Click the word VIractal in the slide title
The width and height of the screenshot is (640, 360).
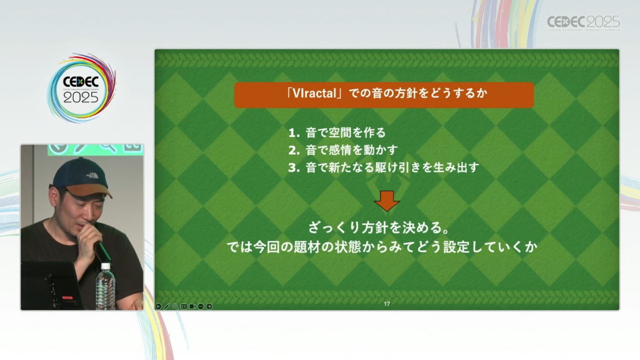coord(314,93)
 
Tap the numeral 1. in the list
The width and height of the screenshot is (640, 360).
coord(294,133)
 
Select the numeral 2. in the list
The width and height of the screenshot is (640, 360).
coord(294,150)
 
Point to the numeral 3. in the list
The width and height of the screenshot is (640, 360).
coord(294,167)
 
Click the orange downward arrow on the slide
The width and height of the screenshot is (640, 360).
coord(387,201)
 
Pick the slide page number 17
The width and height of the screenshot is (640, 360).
coord(387,303)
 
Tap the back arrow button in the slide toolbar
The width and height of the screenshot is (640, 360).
coord(158,306)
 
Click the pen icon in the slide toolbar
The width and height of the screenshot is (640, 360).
coord(167,306)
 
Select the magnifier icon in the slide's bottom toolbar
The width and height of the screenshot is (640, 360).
coord(175,306)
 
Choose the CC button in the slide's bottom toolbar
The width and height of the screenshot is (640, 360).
coord(183,306)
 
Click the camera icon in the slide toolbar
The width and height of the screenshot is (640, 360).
coord(193,306)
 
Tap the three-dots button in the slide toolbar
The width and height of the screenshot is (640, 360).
coord(201,306)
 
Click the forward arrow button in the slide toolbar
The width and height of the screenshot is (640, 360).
coord(209,306)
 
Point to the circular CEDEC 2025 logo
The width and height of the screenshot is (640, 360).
coord(82,88)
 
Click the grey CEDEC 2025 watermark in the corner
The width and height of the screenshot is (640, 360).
coord(583,23)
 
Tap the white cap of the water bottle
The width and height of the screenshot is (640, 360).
coord(106,267)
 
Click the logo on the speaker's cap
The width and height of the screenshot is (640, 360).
coord(92,175)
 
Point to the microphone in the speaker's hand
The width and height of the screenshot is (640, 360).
coord(103,251)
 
